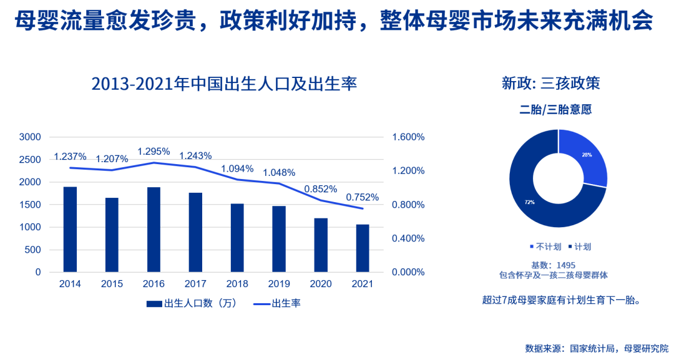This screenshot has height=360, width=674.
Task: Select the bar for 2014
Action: click(70, 229)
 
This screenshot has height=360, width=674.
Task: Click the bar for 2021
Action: click(363, 248)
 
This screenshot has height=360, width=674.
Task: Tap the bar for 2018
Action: click(237, 238)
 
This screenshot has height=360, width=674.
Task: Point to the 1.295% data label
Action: click(154, 151)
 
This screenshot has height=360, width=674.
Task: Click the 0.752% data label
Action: click(363, 197)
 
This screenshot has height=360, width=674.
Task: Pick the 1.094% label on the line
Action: click(237, 168)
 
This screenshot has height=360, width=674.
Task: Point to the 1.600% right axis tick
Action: click(409, 137)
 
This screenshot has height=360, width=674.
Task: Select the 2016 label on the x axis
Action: click(154, 284)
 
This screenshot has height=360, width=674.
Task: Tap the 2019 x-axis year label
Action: click(279, 284)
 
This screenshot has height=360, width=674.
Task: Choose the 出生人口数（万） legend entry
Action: click(191, 304)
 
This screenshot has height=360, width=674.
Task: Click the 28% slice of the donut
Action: click(586, 156)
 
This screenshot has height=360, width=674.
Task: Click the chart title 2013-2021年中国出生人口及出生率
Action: click(223, 84)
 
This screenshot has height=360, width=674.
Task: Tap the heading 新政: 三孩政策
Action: click(550, 83)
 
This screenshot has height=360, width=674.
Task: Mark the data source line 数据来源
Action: click(596, 348)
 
